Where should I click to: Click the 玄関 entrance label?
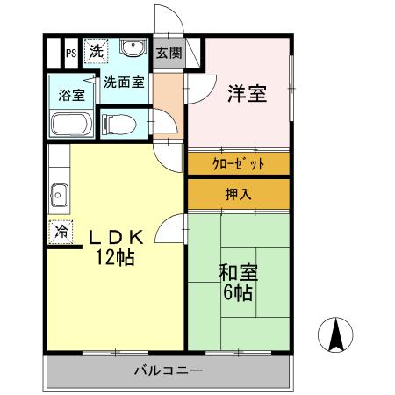169,52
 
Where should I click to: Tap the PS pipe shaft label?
69,53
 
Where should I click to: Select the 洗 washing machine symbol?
95,51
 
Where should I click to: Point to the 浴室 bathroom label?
72,95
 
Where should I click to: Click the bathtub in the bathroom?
70,125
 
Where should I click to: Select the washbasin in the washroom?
133,48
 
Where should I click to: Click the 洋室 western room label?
247,94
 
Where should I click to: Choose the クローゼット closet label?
237,163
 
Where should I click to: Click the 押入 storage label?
238,193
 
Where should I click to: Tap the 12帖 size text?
116,259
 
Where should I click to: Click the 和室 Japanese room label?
236,273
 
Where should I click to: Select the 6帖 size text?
236,293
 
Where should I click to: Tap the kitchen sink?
59,192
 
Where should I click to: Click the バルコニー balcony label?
169,370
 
